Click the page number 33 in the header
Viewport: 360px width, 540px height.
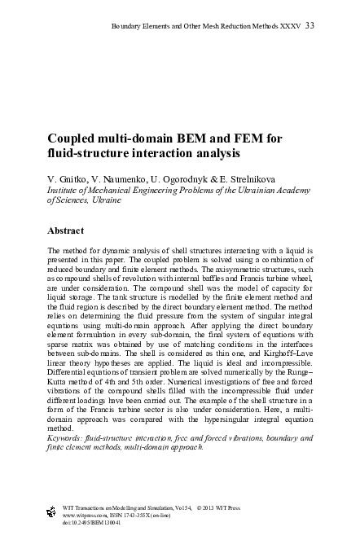click(x=310, y=27)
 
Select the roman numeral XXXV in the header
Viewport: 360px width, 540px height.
click(x=288, y=27)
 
